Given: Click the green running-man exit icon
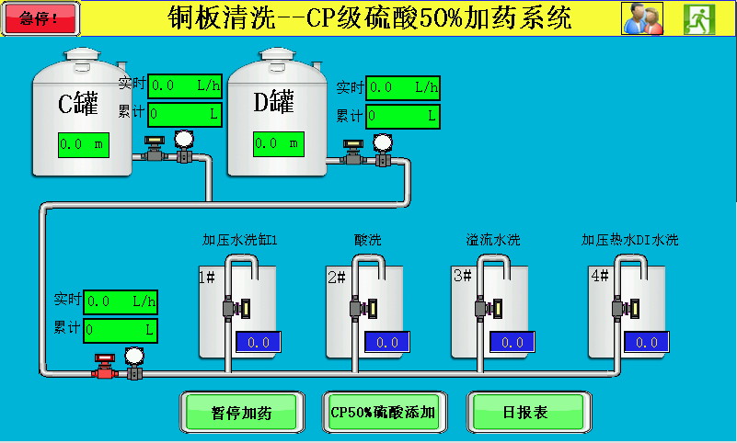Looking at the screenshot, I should [x=699, y=18].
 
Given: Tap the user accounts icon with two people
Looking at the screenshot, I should [x=642, y=18].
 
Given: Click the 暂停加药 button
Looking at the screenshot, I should [x=241, y=412].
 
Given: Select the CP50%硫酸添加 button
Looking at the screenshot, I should [x=383, y=412].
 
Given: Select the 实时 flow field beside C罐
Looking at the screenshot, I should [x=184, y=85].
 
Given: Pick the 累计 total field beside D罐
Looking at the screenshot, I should [x=402, y=117].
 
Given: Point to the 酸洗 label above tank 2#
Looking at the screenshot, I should [x=367, y=241].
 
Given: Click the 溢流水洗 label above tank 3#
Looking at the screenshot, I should [x=492, y=241].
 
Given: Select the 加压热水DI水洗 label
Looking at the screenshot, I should [x=629, y=241].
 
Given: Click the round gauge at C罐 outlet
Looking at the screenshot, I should [x=184, y=140].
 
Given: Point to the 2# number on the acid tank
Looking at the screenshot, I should [x=337, y=277].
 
